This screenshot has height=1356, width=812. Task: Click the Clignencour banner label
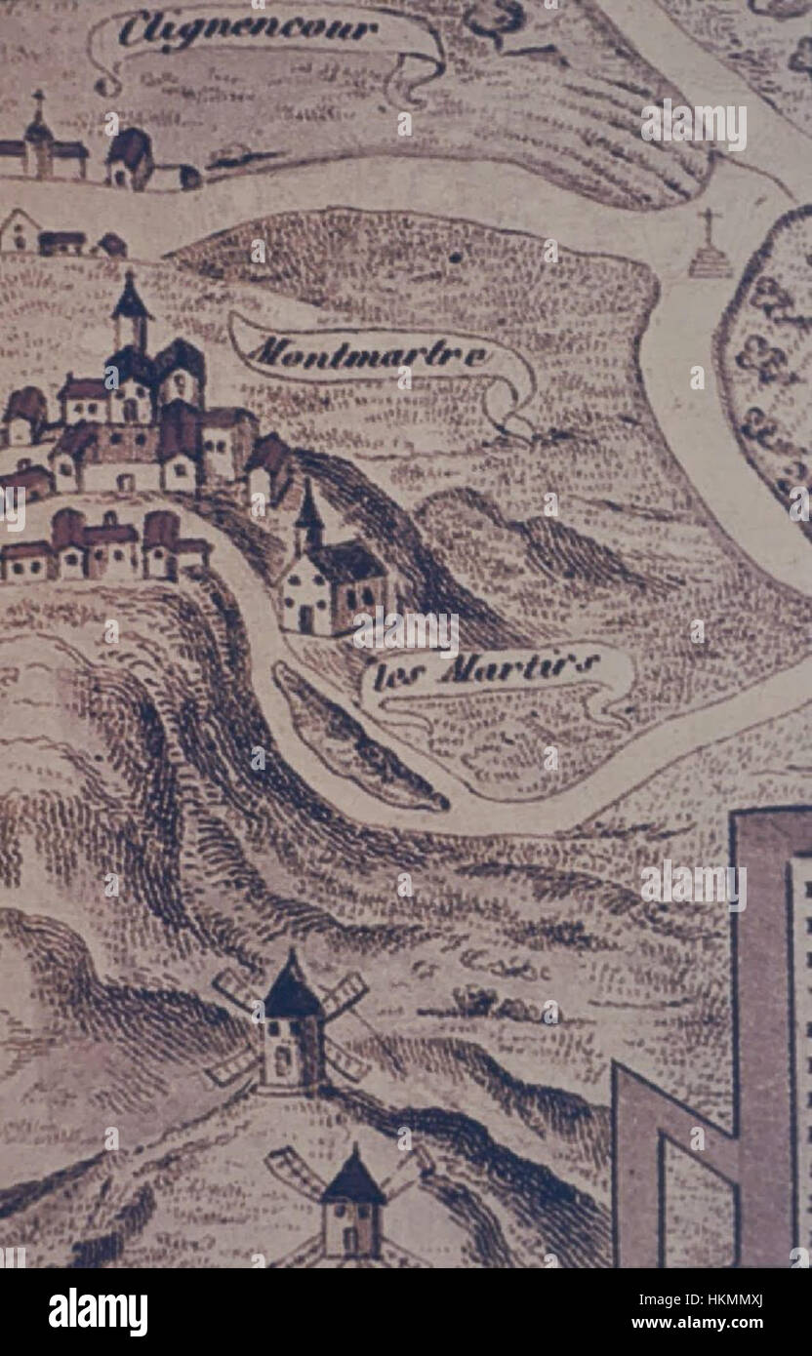point(248,30)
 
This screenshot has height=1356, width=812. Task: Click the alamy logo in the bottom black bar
point(98,1312)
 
